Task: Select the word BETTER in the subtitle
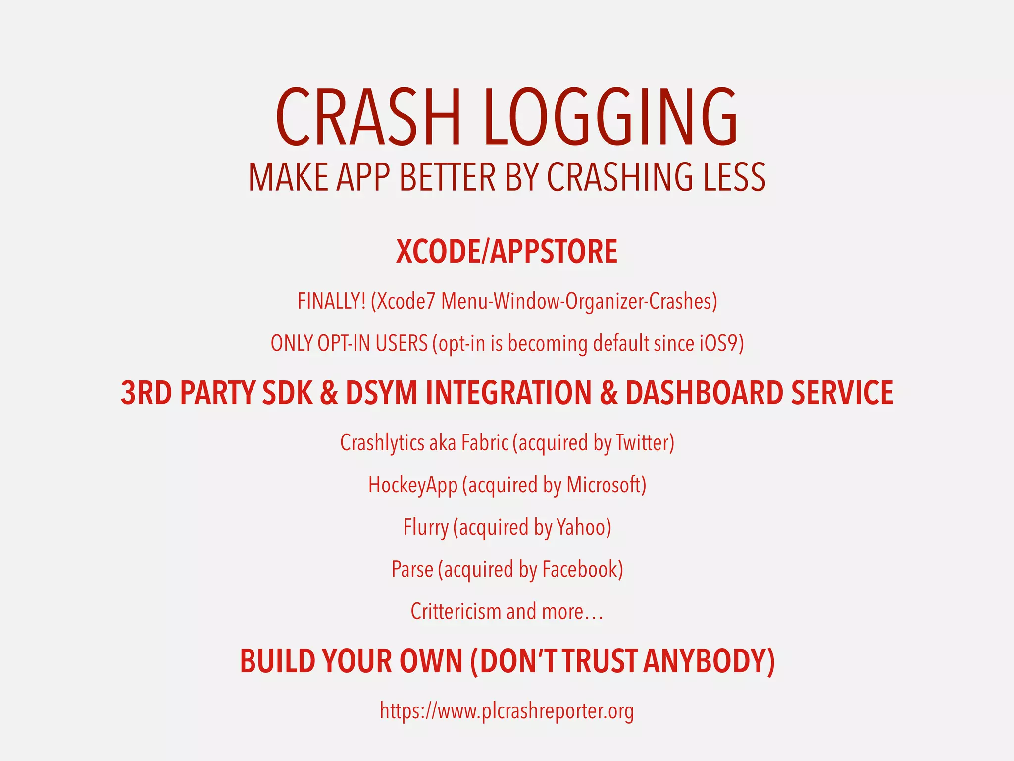(x=447, y=177)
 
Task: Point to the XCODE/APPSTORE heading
(x=507, y=252)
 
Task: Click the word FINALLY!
(x=332, y=301)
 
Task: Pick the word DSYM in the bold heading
(x=381, y=393)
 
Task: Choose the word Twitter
(x=642, y=442)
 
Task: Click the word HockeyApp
(x=412, y=485)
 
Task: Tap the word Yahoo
(x=581, y=527)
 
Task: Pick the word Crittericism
(x=456, y=611)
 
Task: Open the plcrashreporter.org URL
(x=507, y=711)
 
